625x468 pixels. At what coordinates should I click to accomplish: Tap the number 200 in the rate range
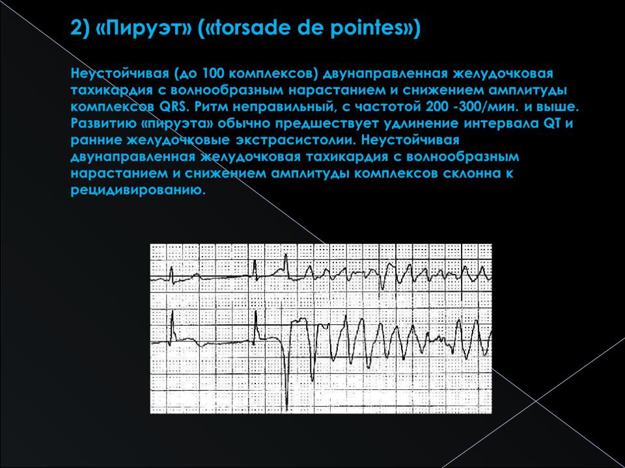pyautogui.click(x=437, y=107)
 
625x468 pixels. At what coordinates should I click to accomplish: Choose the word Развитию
pyautogui.click(x=102, y=123)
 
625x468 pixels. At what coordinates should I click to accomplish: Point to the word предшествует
pyautogui.click(x=325, y=123)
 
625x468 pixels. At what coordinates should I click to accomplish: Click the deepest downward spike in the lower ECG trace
pyautogui.click(x=287, y=409)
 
